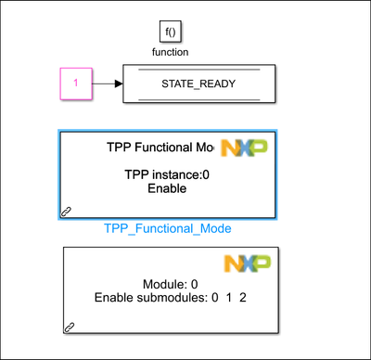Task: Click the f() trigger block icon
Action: coord(170,32)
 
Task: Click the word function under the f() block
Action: coord(170,52)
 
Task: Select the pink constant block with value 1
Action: coord(76,84)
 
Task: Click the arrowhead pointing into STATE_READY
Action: coord(119,84)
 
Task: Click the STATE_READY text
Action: coord(198,84)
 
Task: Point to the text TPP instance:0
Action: coord(167,174)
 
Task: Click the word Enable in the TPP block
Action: coord(167,188)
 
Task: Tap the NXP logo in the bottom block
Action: coord(246,264)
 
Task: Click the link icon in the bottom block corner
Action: coord(69,327)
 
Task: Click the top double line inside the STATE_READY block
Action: coord(198,70)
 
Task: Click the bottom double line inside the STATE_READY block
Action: coord(198,98)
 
